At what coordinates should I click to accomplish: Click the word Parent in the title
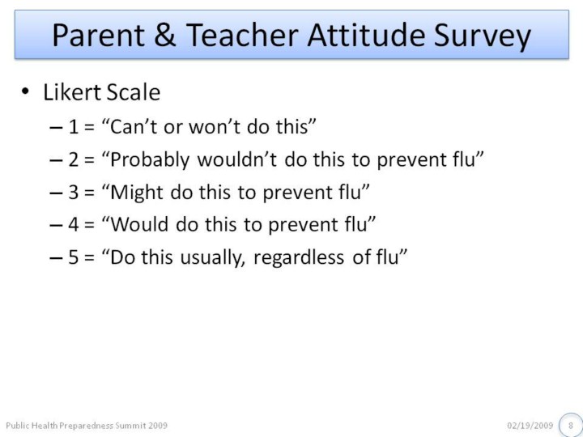click(x=99, y=36)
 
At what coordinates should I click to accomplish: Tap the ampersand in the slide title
click(x=164, y=36)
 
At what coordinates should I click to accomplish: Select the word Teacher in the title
click(x=242, y=36)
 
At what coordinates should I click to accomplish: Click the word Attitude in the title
click(x=366, y=36)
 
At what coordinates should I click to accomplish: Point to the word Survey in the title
click(x=483, y=37)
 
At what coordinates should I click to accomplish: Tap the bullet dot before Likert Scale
click(x=25, y=91)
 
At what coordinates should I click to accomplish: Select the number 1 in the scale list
click(x=73, y=127)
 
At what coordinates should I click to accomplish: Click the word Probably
click(x=150, y=160)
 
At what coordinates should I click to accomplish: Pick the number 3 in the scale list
click(x=73, y=192)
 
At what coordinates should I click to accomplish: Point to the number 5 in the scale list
click(x=73, y=257)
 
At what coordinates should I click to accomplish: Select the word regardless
click(x=299, y=258)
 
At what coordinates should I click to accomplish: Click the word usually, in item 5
click(x=212, y=258)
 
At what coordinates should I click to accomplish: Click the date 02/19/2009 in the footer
click(x=530, y=425)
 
